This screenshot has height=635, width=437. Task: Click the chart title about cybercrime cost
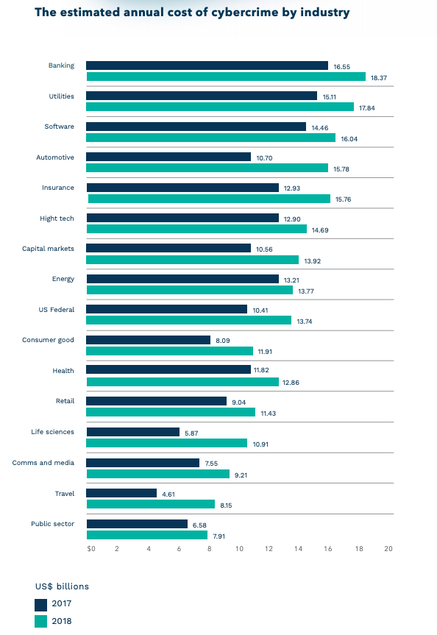[192, 13]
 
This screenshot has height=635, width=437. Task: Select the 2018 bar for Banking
[226, 77]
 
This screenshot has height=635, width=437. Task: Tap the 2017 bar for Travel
[121, 493]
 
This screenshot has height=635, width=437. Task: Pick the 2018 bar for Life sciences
[167, 443]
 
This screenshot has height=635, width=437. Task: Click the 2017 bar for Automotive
[168, 157]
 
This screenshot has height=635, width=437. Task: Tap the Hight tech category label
[57, 219]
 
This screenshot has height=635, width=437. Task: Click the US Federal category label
[57, 310]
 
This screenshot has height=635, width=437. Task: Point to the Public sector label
[52, 524]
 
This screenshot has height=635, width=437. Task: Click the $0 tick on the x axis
[91, 549]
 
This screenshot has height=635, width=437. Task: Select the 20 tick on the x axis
[388, 549]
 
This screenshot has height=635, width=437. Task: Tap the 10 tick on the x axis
[238, 549]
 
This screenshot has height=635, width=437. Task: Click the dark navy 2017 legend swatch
[41, 604]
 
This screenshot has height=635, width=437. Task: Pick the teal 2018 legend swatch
[41, 622]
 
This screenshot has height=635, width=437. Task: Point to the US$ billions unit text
[62, 586]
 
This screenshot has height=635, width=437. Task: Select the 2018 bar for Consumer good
[170, 351]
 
